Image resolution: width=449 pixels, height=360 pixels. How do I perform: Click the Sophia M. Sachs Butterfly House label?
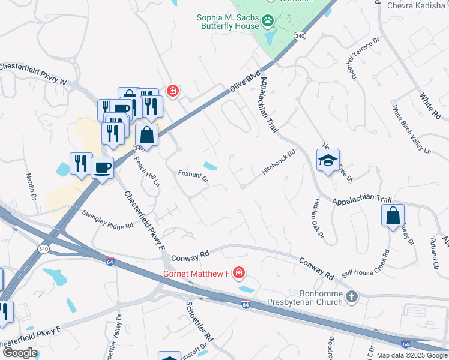pos(228,22)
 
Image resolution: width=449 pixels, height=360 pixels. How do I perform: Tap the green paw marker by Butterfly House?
pos(268,22)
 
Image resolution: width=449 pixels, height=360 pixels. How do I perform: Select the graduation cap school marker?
pos(328,160)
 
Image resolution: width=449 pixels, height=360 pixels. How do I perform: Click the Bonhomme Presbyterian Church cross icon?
pos(352,296)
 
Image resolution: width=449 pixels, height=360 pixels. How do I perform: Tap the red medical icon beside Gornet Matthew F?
pos(239,274)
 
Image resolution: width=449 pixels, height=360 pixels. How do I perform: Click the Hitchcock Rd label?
pos(279,163)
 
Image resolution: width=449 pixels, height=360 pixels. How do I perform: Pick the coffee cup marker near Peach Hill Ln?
pos(103,167)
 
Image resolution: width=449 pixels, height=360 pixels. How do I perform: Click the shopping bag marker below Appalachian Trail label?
pos(393,216)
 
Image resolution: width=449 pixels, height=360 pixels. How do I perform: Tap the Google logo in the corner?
pos(19,353)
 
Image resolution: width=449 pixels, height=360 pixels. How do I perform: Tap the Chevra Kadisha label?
pos(417,5)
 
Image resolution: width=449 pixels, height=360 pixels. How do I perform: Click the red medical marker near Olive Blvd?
pos(173,91)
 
